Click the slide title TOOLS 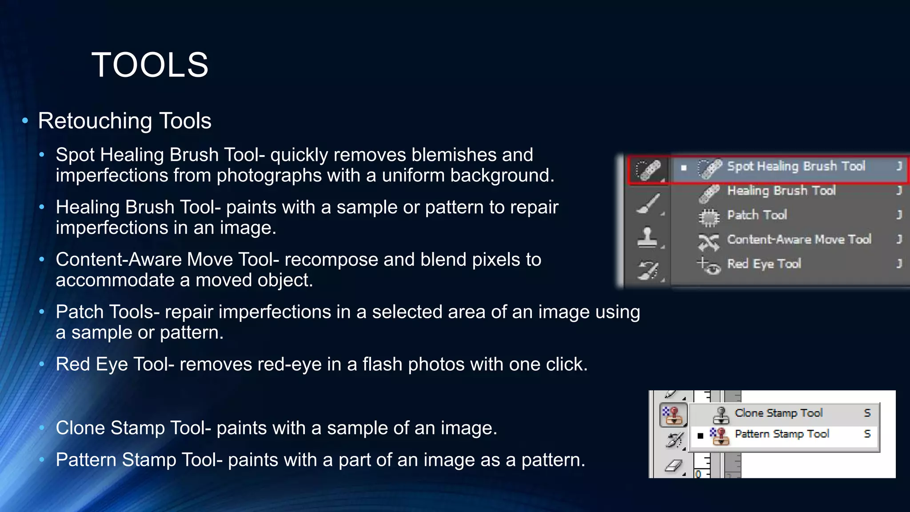tap(150, 65)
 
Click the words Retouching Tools tap(124, 121)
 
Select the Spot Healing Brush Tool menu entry tap(795, 167)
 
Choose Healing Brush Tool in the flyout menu tap(781, 191)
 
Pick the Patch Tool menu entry tap(757, 216)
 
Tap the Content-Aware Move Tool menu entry tap(799, 240)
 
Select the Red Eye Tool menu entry tap(764, 264)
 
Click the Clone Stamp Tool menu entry tap(778, 413)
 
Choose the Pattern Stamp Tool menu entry tap(782, 434)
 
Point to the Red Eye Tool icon tap(709, 266)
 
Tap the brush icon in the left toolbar tap(648, 204)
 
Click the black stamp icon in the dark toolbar tap(647, 237)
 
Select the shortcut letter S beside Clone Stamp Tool tap(867, 413)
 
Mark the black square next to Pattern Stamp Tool tap(700, 436)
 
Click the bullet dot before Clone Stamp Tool tap(42, 428)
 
